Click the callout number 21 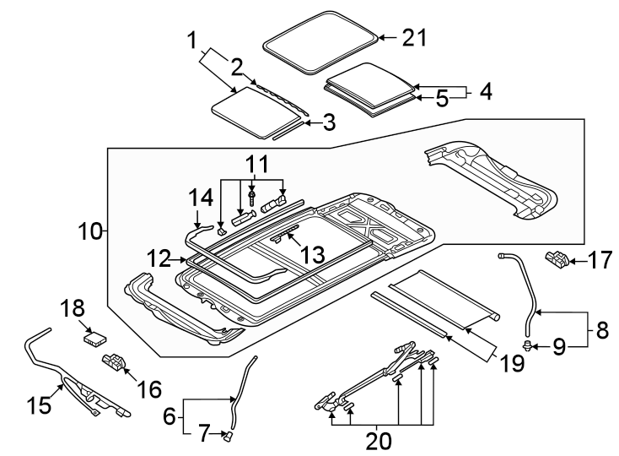(x=414, y=38)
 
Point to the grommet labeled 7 (x=228, y=435)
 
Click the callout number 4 (x=485, y=90)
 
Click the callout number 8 (x=601, y=330)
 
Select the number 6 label (x=167, y=415)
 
